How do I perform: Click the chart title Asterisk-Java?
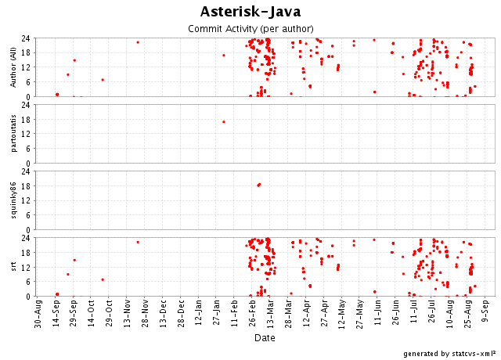tap(250, 11)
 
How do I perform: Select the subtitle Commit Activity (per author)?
tap(250, 28)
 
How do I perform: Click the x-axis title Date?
tap(264, 337)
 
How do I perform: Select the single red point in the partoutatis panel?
tap(224, 121)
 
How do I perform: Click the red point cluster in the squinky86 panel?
tap(258, 185)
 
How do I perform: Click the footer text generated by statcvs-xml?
tap(449, 354)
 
